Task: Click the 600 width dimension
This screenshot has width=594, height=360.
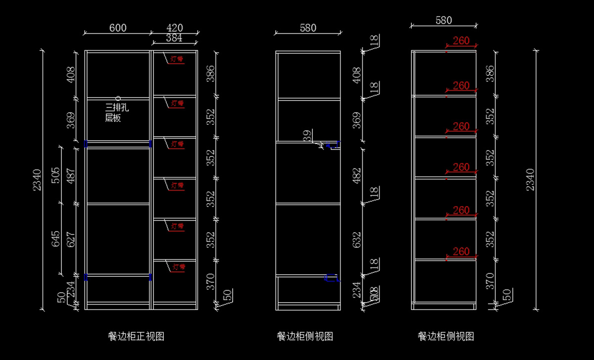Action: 118,28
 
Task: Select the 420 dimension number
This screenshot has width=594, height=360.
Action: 175,28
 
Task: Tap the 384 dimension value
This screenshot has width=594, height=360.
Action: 174,38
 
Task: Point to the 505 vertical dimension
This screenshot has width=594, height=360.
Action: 55,175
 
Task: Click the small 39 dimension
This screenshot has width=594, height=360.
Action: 308,136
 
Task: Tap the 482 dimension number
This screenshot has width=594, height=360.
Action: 357,175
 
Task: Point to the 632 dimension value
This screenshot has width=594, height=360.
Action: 357,239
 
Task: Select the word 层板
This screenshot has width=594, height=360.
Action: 113,118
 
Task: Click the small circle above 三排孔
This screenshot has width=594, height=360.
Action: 118,99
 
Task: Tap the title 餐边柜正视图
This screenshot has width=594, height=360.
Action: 136,337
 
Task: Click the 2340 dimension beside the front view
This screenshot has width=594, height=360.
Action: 37,181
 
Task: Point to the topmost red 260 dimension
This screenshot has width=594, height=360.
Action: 461,41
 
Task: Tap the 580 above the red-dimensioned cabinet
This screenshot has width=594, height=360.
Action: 444,20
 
